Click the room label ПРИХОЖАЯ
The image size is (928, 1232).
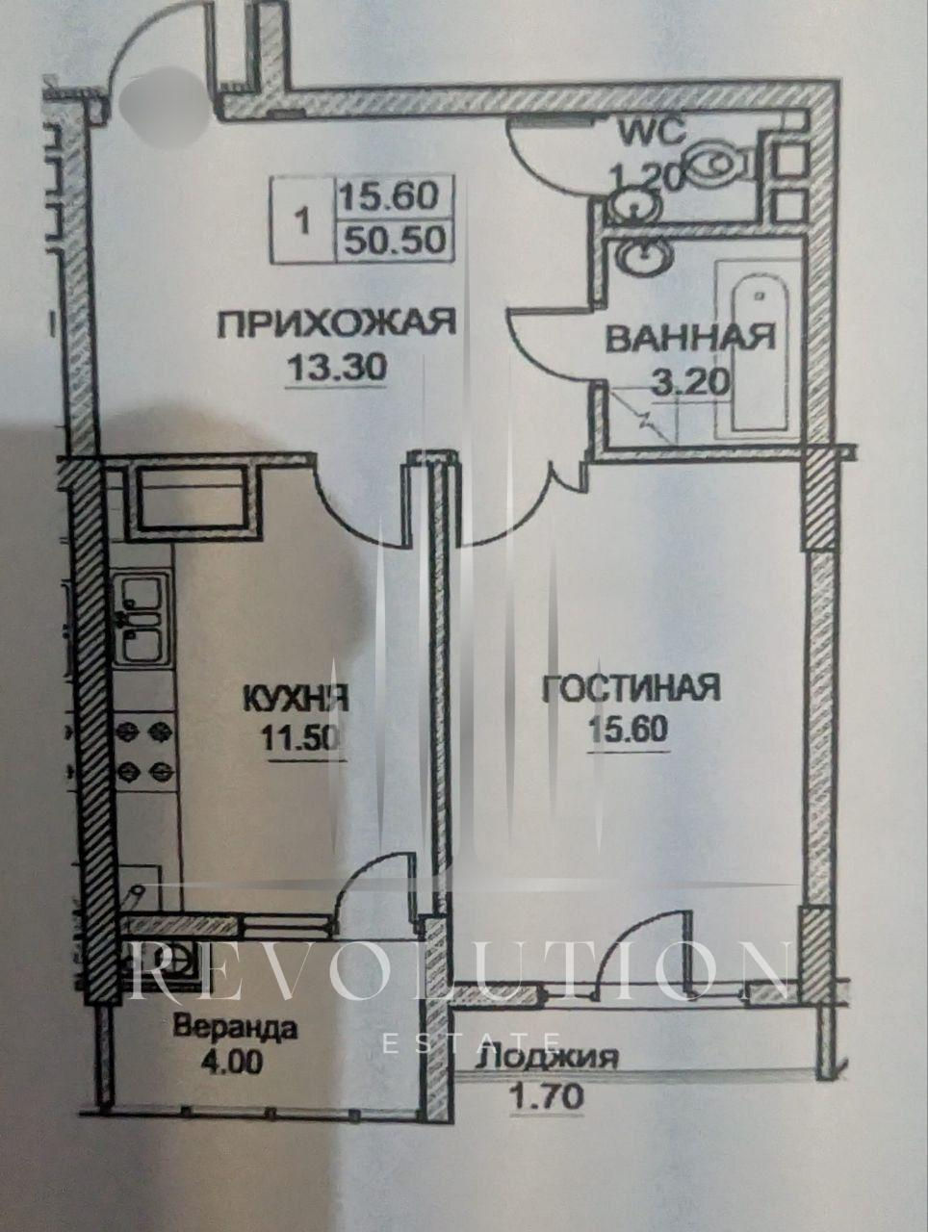point(336,323)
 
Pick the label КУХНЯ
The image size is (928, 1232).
point(296,699)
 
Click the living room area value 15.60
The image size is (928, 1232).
point(628,731)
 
